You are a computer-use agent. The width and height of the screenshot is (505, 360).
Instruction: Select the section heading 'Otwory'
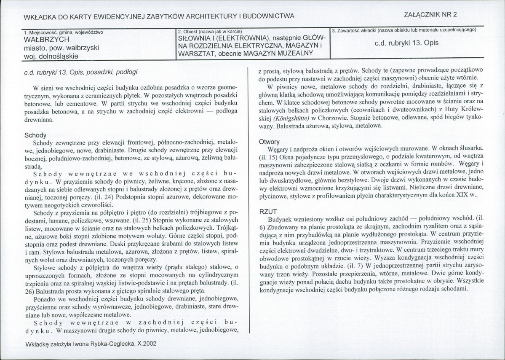[269, 142]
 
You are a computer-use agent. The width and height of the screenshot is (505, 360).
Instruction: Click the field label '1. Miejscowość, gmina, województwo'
[64, 32]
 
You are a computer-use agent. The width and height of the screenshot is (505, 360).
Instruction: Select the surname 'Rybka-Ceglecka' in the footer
[114, 344]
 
